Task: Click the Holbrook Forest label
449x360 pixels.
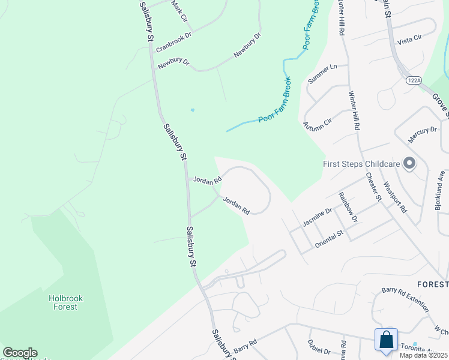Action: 63,302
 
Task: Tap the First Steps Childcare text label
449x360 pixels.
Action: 361,163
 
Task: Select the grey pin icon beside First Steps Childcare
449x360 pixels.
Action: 410,163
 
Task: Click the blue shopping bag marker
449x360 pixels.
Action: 387,340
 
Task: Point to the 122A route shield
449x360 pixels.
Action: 413,79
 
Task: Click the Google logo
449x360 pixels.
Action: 20,353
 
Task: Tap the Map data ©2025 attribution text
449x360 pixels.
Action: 423,355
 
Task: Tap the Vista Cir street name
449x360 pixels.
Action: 410,37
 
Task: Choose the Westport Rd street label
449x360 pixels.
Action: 395,197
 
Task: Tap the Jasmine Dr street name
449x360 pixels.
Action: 318,217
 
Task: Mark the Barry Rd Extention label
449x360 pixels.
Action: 405,298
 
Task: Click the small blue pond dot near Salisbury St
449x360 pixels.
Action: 192,110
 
